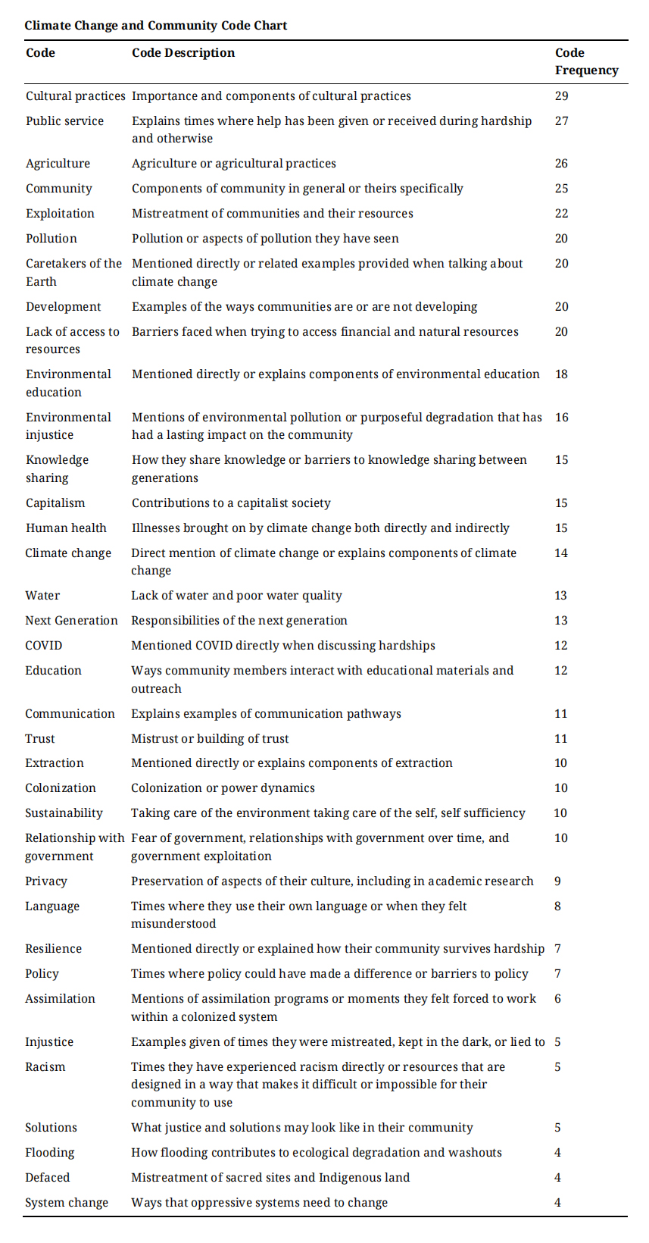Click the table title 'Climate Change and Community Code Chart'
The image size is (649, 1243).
click(155, 25)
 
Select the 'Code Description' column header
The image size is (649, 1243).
click(183, 52)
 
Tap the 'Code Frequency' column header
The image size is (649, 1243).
click(585, 61)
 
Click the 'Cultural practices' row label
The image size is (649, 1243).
click(75, 95)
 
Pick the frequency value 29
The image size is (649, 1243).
click(561, 95)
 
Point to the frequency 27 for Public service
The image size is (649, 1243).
click(561, 121)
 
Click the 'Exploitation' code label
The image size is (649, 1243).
click(60, 213)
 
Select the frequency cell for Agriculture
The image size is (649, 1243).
click(561, 163)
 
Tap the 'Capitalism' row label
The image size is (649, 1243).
click(55, 503)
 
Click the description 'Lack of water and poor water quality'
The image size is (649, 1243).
click(236, 595)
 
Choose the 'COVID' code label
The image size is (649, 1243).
click(43, 645)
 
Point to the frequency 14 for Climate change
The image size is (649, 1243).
click(560, 553)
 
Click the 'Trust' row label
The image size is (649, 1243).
click(39, 738)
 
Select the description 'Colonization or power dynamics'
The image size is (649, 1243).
click(223, 787)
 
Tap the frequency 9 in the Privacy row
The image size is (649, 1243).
click(557, 881)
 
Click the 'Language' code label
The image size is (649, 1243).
click(51, 906)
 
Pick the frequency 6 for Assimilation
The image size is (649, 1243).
click(557, 998)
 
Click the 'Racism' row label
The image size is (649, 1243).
click(45, 1066)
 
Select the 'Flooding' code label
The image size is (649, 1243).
click(49, 1152)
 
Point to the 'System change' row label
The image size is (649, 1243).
click(66, 1202)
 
